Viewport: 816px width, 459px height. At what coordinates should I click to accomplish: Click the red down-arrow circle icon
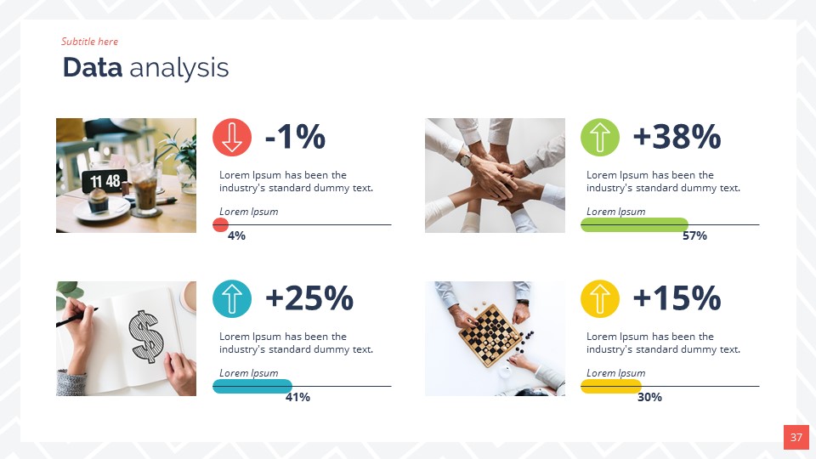pos(232,137)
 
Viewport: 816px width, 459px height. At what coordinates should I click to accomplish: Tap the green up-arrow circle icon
pos(600,137)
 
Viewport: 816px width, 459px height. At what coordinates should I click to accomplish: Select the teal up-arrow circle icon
pos(232,298)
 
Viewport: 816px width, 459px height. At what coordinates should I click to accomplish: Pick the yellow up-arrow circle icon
pos(600,298)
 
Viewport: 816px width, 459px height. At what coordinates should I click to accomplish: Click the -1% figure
pos(295,137)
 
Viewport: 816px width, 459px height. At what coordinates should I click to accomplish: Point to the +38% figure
pos(677,137)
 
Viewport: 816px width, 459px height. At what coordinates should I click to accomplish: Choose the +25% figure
pos(309,298)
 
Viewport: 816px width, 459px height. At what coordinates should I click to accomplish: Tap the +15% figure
pos(677,298)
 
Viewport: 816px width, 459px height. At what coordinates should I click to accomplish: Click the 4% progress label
pos(236,235)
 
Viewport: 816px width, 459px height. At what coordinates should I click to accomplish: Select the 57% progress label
pos(694,235)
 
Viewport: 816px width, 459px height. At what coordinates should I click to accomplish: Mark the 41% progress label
pos(297,397)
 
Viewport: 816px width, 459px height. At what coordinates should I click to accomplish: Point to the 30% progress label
pos(649,397)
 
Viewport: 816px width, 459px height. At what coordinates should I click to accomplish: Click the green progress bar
pos(634,224)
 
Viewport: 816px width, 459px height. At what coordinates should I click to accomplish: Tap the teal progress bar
pos(252,386)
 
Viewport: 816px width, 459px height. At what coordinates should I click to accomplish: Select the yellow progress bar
pos(611,386)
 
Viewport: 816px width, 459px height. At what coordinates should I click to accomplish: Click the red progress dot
pos(220,224)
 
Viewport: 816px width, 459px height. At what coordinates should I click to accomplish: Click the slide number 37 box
pos(796,438)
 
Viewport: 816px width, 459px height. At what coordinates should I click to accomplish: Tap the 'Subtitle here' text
pos(89,42)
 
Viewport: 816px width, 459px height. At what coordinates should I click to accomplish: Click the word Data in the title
pos(93,68)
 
